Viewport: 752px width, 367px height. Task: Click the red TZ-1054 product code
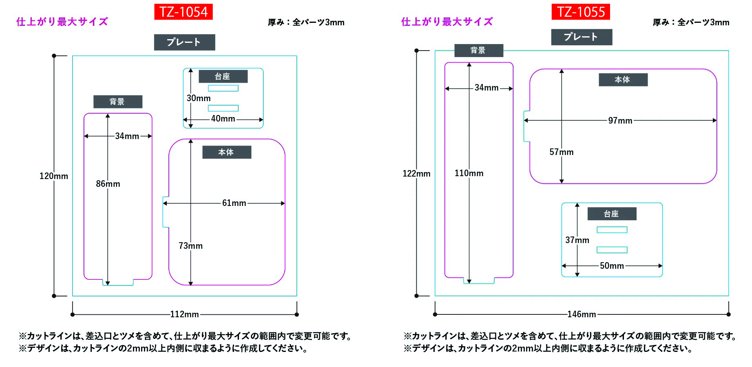coord(184,12)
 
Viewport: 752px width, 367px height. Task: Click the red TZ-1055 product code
coord(581,12)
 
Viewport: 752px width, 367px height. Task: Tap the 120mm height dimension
coord(54,176)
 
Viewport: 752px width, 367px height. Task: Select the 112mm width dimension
coord(184,314)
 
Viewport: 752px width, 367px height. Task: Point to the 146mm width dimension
coord(582,314)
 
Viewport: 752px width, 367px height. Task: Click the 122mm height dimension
coord(416,174)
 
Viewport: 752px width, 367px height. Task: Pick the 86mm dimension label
coord(108,184)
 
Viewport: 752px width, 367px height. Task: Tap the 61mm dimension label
coord(234,203)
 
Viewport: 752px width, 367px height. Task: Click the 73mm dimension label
coord(190,246)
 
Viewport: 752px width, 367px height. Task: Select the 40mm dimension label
coord(223,119)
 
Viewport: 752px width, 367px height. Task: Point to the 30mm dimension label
coord(199,98)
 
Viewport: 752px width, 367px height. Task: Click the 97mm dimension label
coord(620,121)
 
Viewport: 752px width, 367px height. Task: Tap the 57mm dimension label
coord(562,152)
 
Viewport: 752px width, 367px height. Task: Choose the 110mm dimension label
coord(469,173)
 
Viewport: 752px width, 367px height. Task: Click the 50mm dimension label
coord(612,266)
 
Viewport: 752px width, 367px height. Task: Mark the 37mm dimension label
coord(577,240)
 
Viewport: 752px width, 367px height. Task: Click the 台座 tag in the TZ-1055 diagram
coord(612,214)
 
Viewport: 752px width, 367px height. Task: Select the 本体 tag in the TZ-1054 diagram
coord(227,152)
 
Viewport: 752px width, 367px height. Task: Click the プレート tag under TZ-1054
coord(184,42)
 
